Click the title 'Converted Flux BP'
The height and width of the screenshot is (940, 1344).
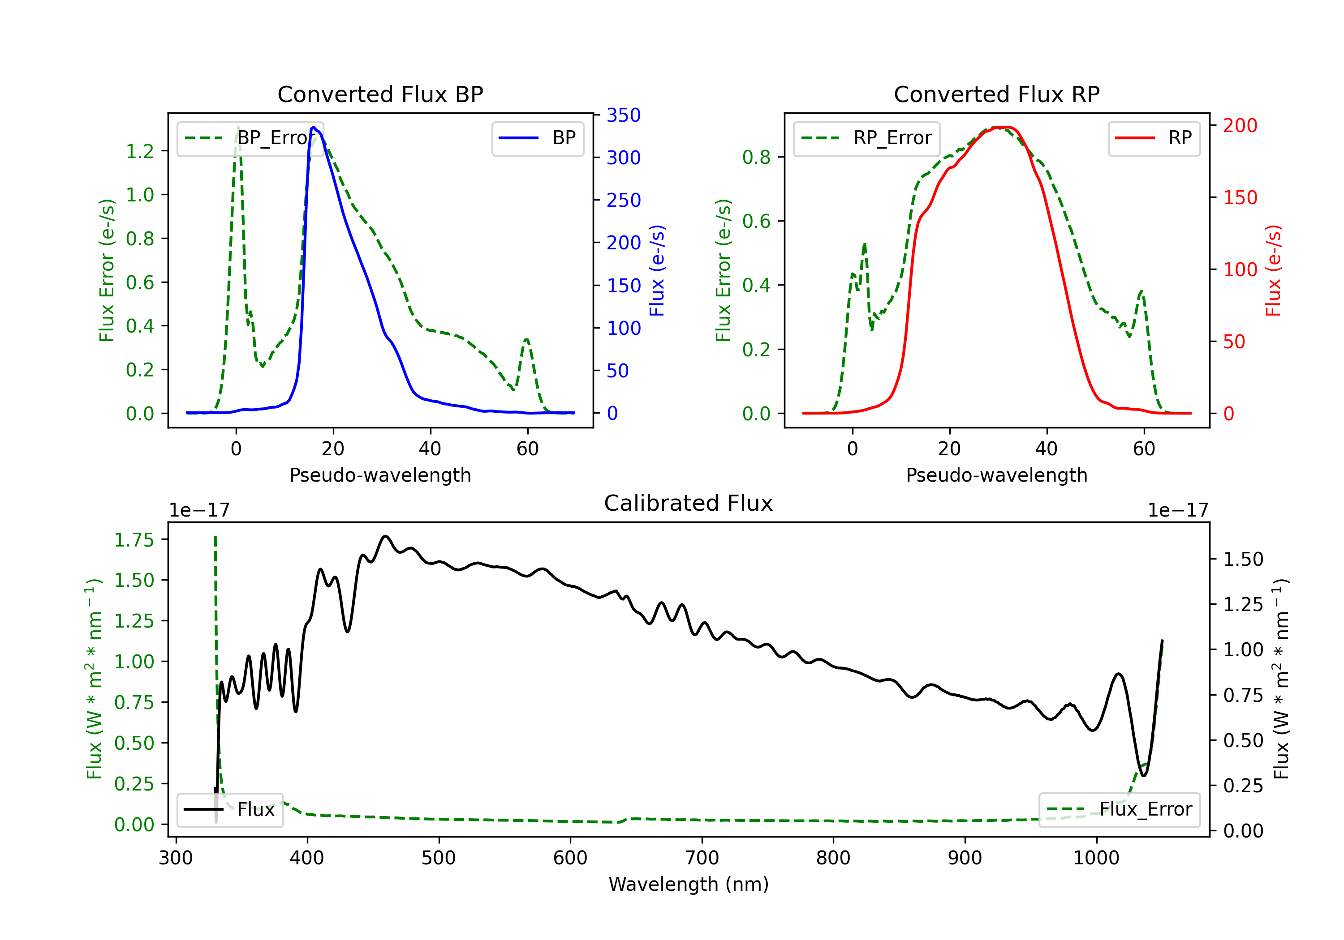click(380, 94)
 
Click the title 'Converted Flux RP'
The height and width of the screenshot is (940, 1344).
click(996, 94)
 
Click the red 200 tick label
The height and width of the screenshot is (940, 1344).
click(1240, 125)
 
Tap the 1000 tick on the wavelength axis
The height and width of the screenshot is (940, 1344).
click(1096, 858)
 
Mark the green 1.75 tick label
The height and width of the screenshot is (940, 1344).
click(134, 540)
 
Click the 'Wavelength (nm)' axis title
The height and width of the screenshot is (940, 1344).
click(689, 884)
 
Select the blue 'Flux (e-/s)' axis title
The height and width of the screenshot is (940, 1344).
click(657, 270)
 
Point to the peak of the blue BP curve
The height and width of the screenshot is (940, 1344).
click(314, 127)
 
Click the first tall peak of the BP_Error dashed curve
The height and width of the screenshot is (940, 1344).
click(237, 128)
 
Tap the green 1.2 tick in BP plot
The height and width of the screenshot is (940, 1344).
click(140, 151)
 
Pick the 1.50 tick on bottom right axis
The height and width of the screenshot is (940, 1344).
click(1243, 559)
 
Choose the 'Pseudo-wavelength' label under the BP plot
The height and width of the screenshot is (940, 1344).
click(380, 475)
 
